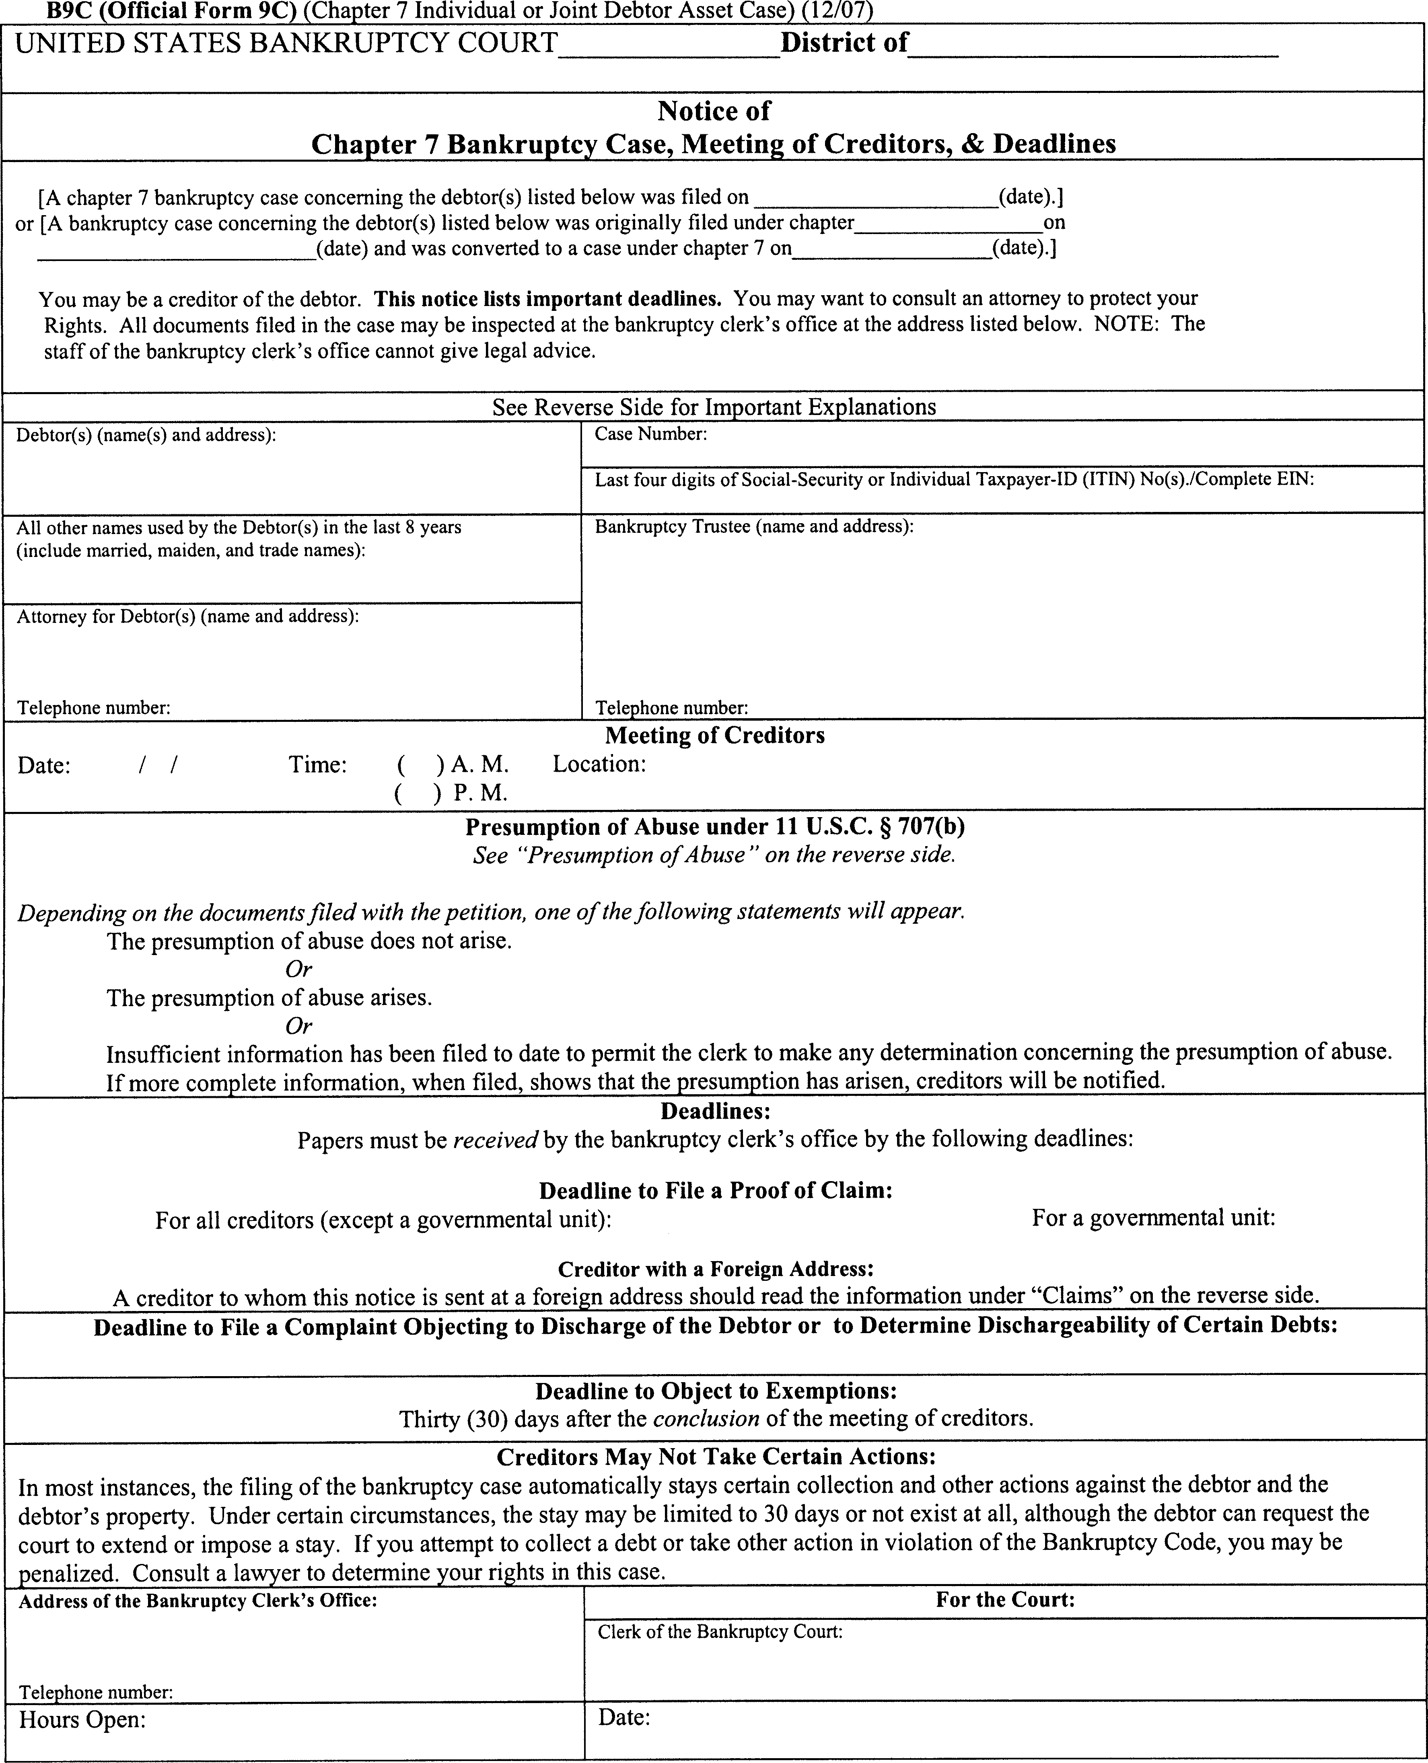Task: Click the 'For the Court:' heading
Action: click(x=1005, y=1599)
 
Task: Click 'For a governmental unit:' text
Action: click(x=1153, y=1218)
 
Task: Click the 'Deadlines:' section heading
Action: click(x=715, y=1112)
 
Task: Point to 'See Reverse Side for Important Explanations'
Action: click(x=714, y=407)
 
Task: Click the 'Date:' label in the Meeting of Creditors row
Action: click(x=44, y=766)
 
